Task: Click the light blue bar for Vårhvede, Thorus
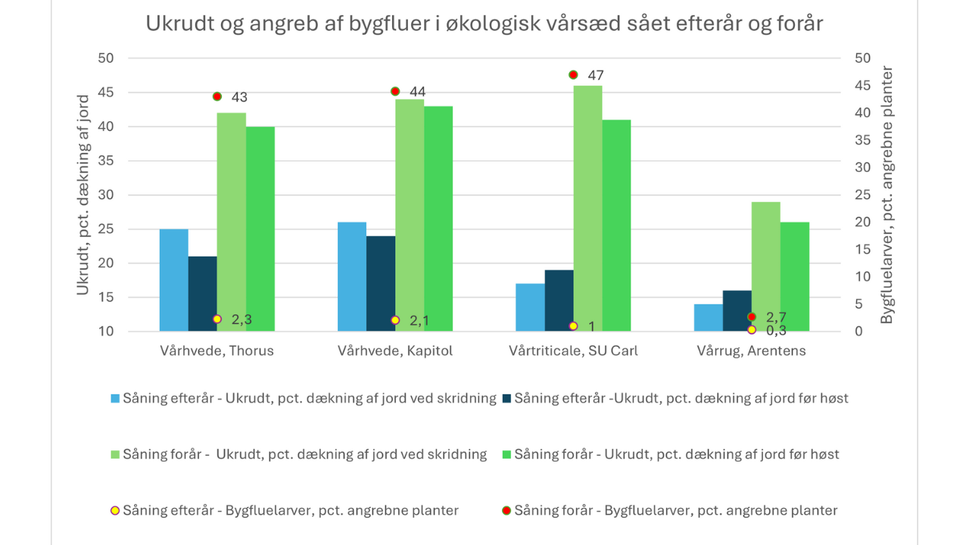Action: tap(173, 280)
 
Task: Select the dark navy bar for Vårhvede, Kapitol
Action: tap(380, 284)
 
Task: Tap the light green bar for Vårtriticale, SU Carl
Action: tap(587, 208)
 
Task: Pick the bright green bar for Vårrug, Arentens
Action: tap(794, 276)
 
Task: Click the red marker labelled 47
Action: tap(573, 75)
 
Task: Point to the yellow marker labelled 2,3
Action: tap(217, 319)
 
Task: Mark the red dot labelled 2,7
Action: tap(752, 316)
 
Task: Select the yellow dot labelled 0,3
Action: tap(752, 329)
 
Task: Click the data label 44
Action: tap(417, 92)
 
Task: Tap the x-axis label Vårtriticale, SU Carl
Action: tap(573, 351)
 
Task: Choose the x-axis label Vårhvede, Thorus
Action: tap(217, 351)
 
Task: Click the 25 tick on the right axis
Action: tap(863, 195)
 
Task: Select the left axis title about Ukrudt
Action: tap(83, 194)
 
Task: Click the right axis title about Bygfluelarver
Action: tap(887, 195)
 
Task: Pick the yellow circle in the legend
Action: tap(115, 511)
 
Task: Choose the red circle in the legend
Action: tap(506, 511)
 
